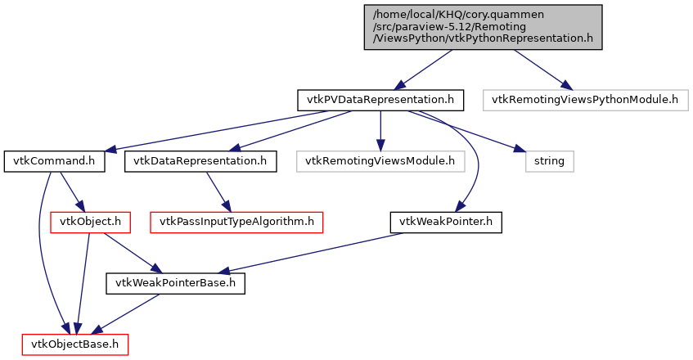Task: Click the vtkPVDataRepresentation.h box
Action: point(380,100)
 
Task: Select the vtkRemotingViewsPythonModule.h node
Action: point(585,100)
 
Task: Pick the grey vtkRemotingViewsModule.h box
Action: point(380,161)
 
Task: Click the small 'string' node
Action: point(549,161)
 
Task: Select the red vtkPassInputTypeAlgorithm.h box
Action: point(236,222)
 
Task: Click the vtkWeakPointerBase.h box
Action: point(176,283)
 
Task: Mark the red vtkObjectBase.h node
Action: point(75,344)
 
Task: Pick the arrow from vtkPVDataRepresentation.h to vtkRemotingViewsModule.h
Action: point(380,130)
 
